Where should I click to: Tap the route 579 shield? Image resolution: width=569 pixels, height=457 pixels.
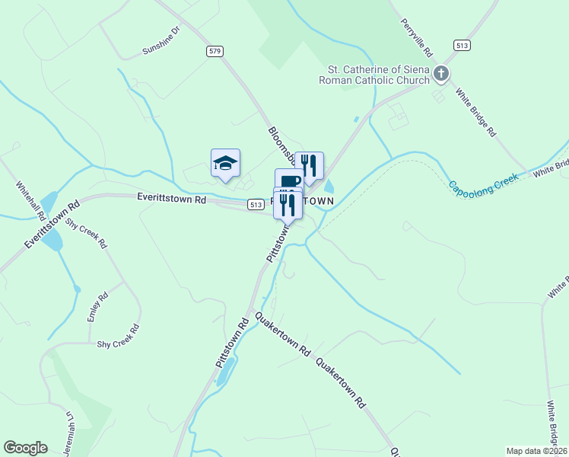215,51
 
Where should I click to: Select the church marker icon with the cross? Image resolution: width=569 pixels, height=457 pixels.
442,73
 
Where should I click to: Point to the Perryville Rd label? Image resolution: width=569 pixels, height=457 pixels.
416,37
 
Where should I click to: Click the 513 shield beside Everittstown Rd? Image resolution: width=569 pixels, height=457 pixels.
256,204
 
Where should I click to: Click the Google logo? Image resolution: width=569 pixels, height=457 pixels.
25,448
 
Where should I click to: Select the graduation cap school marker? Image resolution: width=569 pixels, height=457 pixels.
225,162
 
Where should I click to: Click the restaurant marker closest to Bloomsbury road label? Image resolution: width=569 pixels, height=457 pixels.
309,165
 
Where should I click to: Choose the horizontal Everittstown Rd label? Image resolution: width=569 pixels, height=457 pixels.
172,198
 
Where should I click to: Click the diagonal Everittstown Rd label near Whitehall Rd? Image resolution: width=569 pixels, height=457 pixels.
51,223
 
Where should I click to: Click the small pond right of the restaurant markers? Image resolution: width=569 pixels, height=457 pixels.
329,186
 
